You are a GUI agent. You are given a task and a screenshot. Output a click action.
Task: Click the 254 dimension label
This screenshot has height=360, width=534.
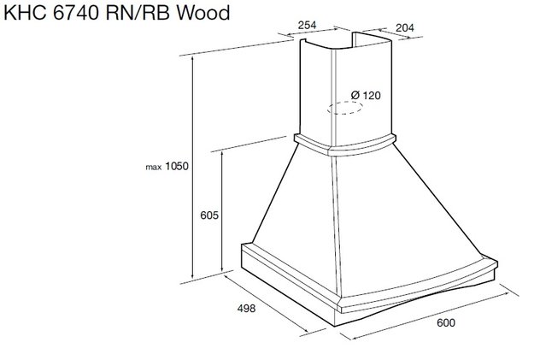307,25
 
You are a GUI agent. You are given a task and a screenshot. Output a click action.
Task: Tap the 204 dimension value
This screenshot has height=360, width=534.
405,27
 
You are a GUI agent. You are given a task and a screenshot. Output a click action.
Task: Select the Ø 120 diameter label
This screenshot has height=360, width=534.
366,95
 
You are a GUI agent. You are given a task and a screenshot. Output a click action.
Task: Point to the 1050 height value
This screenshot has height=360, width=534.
176,166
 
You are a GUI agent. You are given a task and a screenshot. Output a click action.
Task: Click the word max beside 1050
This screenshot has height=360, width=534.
153,167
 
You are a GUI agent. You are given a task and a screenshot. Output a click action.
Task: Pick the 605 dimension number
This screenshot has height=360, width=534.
209,215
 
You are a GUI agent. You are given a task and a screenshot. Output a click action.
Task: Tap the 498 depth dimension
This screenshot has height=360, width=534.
246,308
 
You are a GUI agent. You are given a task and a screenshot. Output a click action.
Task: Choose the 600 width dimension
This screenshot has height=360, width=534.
446,322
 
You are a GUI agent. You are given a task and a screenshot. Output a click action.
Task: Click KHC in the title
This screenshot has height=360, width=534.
25,13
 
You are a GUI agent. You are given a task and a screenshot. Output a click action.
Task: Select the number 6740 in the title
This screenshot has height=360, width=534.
76,13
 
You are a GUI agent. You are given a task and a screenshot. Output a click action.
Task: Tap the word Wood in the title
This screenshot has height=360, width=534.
203,13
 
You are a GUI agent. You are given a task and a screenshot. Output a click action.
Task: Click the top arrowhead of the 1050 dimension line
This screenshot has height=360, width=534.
193,60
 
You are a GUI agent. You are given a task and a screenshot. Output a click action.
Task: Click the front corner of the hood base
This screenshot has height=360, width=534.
336,326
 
